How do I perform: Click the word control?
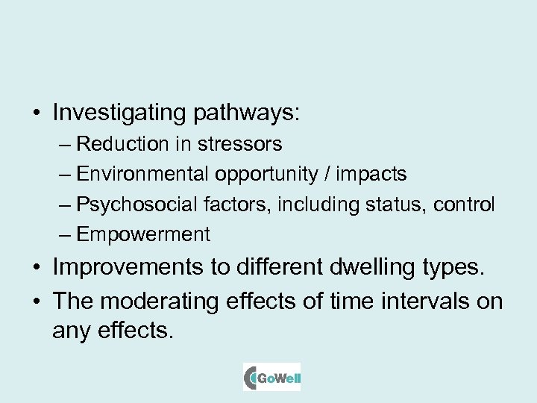pyautogui.click(x=463, y=204)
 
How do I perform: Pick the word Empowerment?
pyautogui.click(x=143, y=234)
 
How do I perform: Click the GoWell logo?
pyautogui.click(x=271, y=377)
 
